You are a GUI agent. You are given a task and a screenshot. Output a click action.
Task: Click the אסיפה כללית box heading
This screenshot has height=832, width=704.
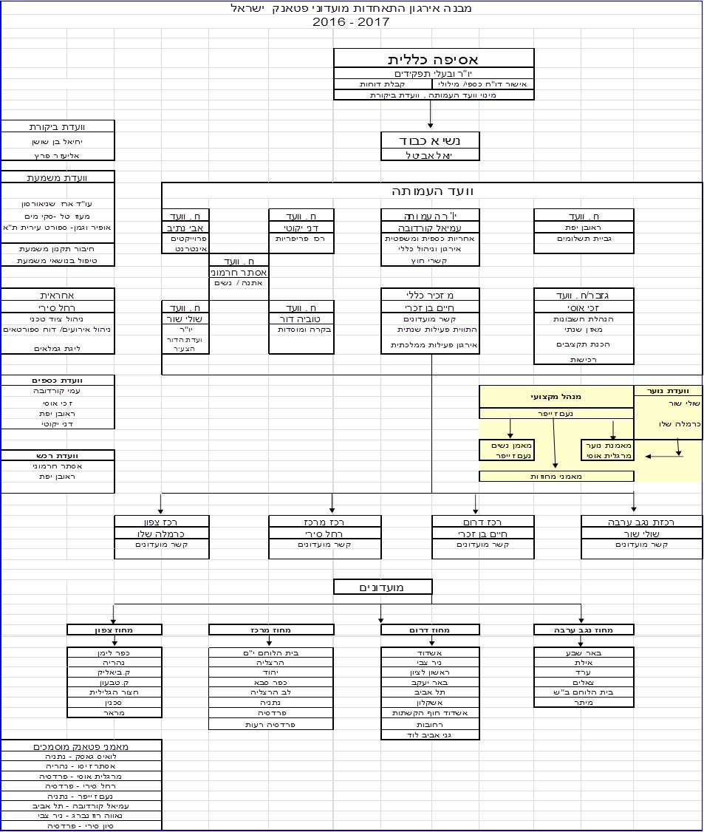click(x=434, y=59)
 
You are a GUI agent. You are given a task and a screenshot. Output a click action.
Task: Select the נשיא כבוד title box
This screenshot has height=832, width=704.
click(x=431, y=140)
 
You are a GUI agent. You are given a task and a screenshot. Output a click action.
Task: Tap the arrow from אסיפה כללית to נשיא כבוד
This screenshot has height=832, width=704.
click(x=431, y=115)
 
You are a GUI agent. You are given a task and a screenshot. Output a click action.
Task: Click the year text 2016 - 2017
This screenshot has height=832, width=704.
click(x=351, y=22)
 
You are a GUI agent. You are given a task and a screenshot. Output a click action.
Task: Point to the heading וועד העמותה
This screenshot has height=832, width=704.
click(x=432, y=191)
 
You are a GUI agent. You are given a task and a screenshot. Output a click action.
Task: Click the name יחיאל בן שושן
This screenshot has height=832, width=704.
click(x=58, y=141)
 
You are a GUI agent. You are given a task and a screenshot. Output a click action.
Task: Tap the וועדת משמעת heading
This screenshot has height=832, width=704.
click(x=58, y=177)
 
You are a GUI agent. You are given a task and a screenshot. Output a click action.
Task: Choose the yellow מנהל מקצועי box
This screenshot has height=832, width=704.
click(x=556, y=397)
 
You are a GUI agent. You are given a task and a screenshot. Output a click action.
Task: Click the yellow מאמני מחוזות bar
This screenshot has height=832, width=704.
click(x=556, y=477)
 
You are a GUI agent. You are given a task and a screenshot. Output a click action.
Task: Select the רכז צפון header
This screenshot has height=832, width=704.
click(x=162, y=522)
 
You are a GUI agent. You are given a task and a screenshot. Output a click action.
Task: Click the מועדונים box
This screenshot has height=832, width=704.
click(x=383, y=587)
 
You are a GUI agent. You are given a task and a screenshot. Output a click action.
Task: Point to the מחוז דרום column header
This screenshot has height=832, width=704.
click(x=431, y=630)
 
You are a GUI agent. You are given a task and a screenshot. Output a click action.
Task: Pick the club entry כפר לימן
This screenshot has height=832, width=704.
click(x=115, y=653)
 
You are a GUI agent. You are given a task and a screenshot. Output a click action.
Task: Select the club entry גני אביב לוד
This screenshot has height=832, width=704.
click(x=431, y=735)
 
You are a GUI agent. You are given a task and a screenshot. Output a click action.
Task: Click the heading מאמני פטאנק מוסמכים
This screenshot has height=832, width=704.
click(x=81, y=746)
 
